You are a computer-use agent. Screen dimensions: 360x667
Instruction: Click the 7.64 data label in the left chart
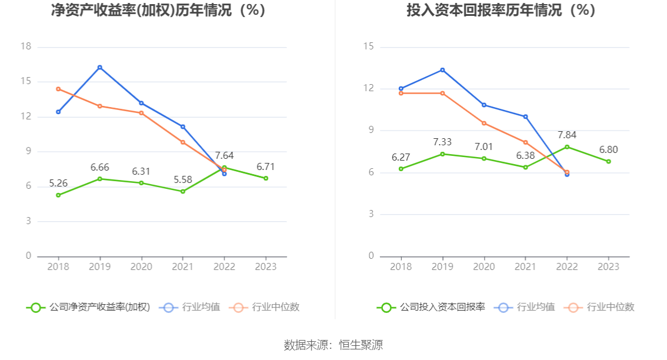tap(224, 156)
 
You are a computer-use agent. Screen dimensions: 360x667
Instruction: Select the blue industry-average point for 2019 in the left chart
tap(100, 67)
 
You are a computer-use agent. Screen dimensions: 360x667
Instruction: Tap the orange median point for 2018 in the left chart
tap(58, 89)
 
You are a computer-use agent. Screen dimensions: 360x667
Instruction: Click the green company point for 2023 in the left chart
tap(266, 178)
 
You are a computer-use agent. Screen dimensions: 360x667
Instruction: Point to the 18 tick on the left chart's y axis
tap(25, 47)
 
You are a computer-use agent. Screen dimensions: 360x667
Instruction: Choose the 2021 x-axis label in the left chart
tap(183, 266)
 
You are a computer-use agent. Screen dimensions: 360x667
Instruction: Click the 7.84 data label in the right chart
tap(567, 135)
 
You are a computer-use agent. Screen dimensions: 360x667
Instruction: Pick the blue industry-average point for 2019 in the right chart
tap(442, 70)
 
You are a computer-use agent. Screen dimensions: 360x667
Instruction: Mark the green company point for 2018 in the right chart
tap(401, 169)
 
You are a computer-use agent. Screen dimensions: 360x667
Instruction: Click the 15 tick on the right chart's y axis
tap(369, 47)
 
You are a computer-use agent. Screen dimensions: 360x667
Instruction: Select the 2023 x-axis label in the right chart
tap(609, 266)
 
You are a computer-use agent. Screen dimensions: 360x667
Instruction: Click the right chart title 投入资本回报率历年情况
tap(501, 11)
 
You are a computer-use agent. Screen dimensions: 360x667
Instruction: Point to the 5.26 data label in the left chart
tap(58, 184)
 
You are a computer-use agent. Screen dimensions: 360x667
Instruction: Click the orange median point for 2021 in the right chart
tap(526, 142)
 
